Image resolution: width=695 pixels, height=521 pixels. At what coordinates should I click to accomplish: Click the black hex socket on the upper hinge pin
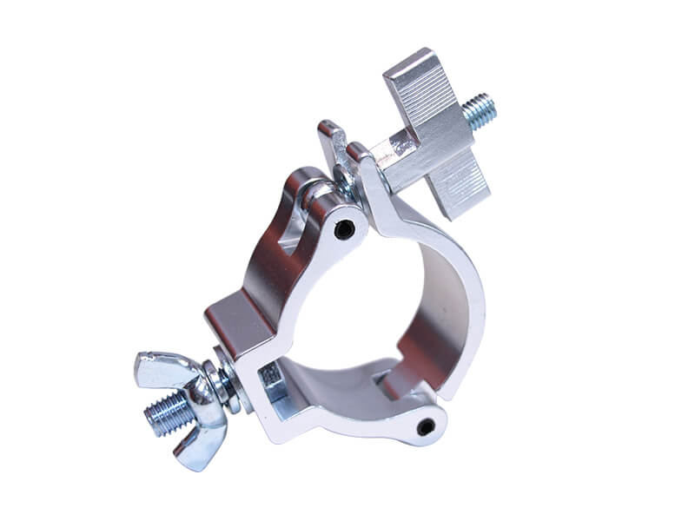(x=346, y=229)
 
